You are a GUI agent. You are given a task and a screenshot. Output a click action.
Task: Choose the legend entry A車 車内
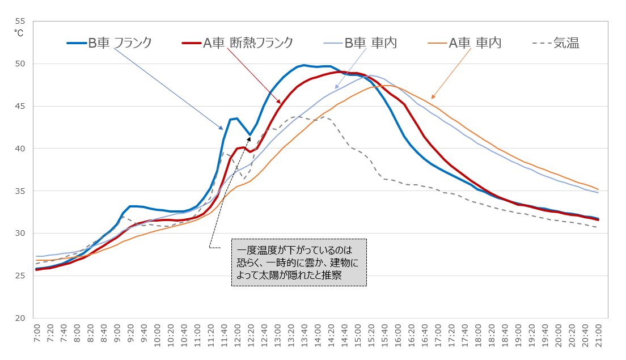(475, 43)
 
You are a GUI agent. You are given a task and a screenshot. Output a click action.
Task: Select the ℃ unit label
(18, 33)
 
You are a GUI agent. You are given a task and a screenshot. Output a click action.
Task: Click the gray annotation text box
(299, 262)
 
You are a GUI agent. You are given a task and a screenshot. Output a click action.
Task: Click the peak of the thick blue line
(304, 65)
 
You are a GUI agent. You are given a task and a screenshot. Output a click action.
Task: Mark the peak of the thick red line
(339, 71)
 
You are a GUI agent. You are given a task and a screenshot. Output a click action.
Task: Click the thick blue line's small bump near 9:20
(130, 206)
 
